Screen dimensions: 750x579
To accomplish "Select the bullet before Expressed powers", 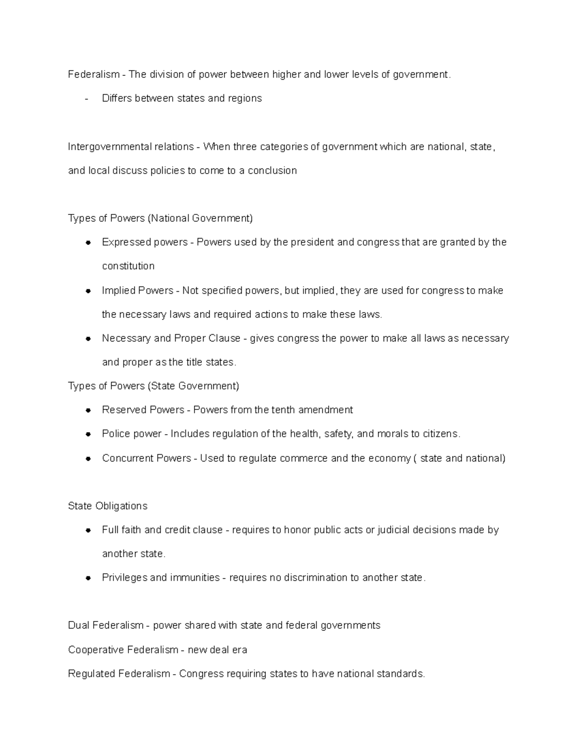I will point(88,243).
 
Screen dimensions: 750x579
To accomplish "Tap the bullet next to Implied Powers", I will point(88,291).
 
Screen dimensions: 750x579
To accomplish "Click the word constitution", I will point(128,266).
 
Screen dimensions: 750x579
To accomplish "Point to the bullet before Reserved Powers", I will point(88,410).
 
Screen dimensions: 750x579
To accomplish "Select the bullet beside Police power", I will point(88,434).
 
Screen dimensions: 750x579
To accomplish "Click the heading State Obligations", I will point(108,506).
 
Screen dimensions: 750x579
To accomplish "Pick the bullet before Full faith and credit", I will point(88,530).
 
